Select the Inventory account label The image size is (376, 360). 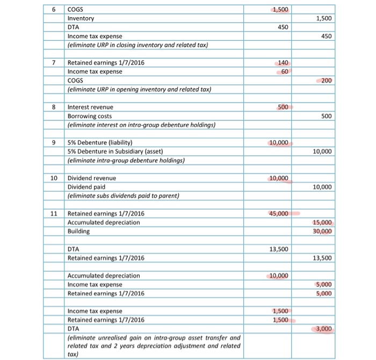[x=81, y=18]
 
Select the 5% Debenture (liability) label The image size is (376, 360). [x=100, y=142]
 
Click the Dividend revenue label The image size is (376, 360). [x=91, y=178]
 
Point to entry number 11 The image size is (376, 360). [x=53, y=213]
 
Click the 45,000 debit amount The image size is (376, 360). [x=279, y=213]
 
